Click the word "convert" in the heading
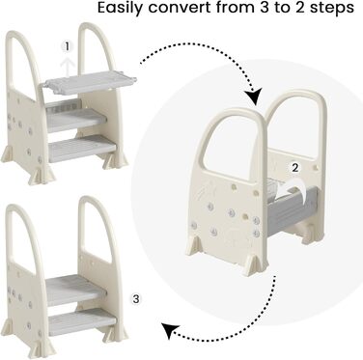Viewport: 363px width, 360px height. [x=180, y=8]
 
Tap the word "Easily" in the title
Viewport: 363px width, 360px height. [x=120, y=9]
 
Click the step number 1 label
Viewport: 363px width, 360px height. [x=67, y=47]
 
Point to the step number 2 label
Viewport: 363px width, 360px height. [x=295, y=167]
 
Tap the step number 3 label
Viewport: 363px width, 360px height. [x=136, y=299]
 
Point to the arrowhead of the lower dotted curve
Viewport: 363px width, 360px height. [x=169, y=331]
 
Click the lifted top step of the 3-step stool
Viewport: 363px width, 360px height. [x=90, y=83]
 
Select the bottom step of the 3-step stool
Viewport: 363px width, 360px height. [x=82, y=149]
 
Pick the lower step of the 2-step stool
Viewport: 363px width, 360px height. [x=82, y=321]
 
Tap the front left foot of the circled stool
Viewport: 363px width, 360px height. [x=194, y=246]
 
